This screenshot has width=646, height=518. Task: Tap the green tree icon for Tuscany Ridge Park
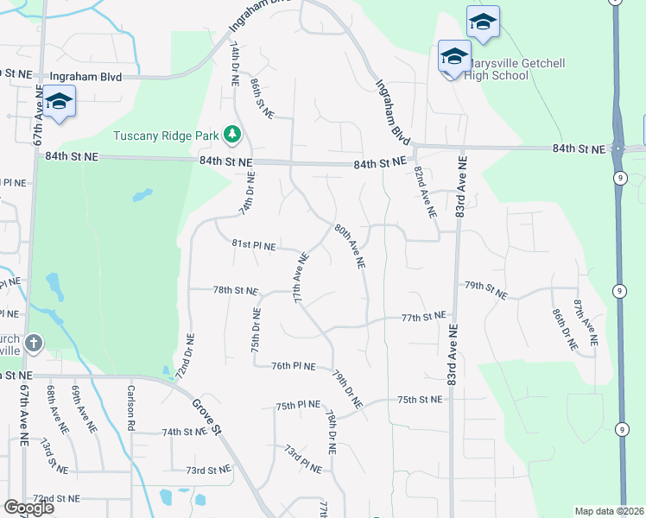[x=231, y=134]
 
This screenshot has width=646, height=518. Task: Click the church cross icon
[x=34, y=344]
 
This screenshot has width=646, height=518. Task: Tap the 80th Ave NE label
[x=349, y=246]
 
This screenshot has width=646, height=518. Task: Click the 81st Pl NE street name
[x=253, y=246]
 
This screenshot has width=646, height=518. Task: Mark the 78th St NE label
[x=235, y=291]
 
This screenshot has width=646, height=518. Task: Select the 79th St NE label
[x=485, y=285]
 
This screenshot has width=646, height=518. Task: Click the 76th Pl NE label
[x=293, y=366]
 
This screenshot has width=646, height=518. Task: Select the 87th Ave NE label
[x=585, y=324]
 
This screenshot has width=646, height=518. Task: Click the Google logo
[x=29, y=507]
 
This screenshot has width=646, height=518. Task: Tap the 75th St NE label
[x=420, y=400]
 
